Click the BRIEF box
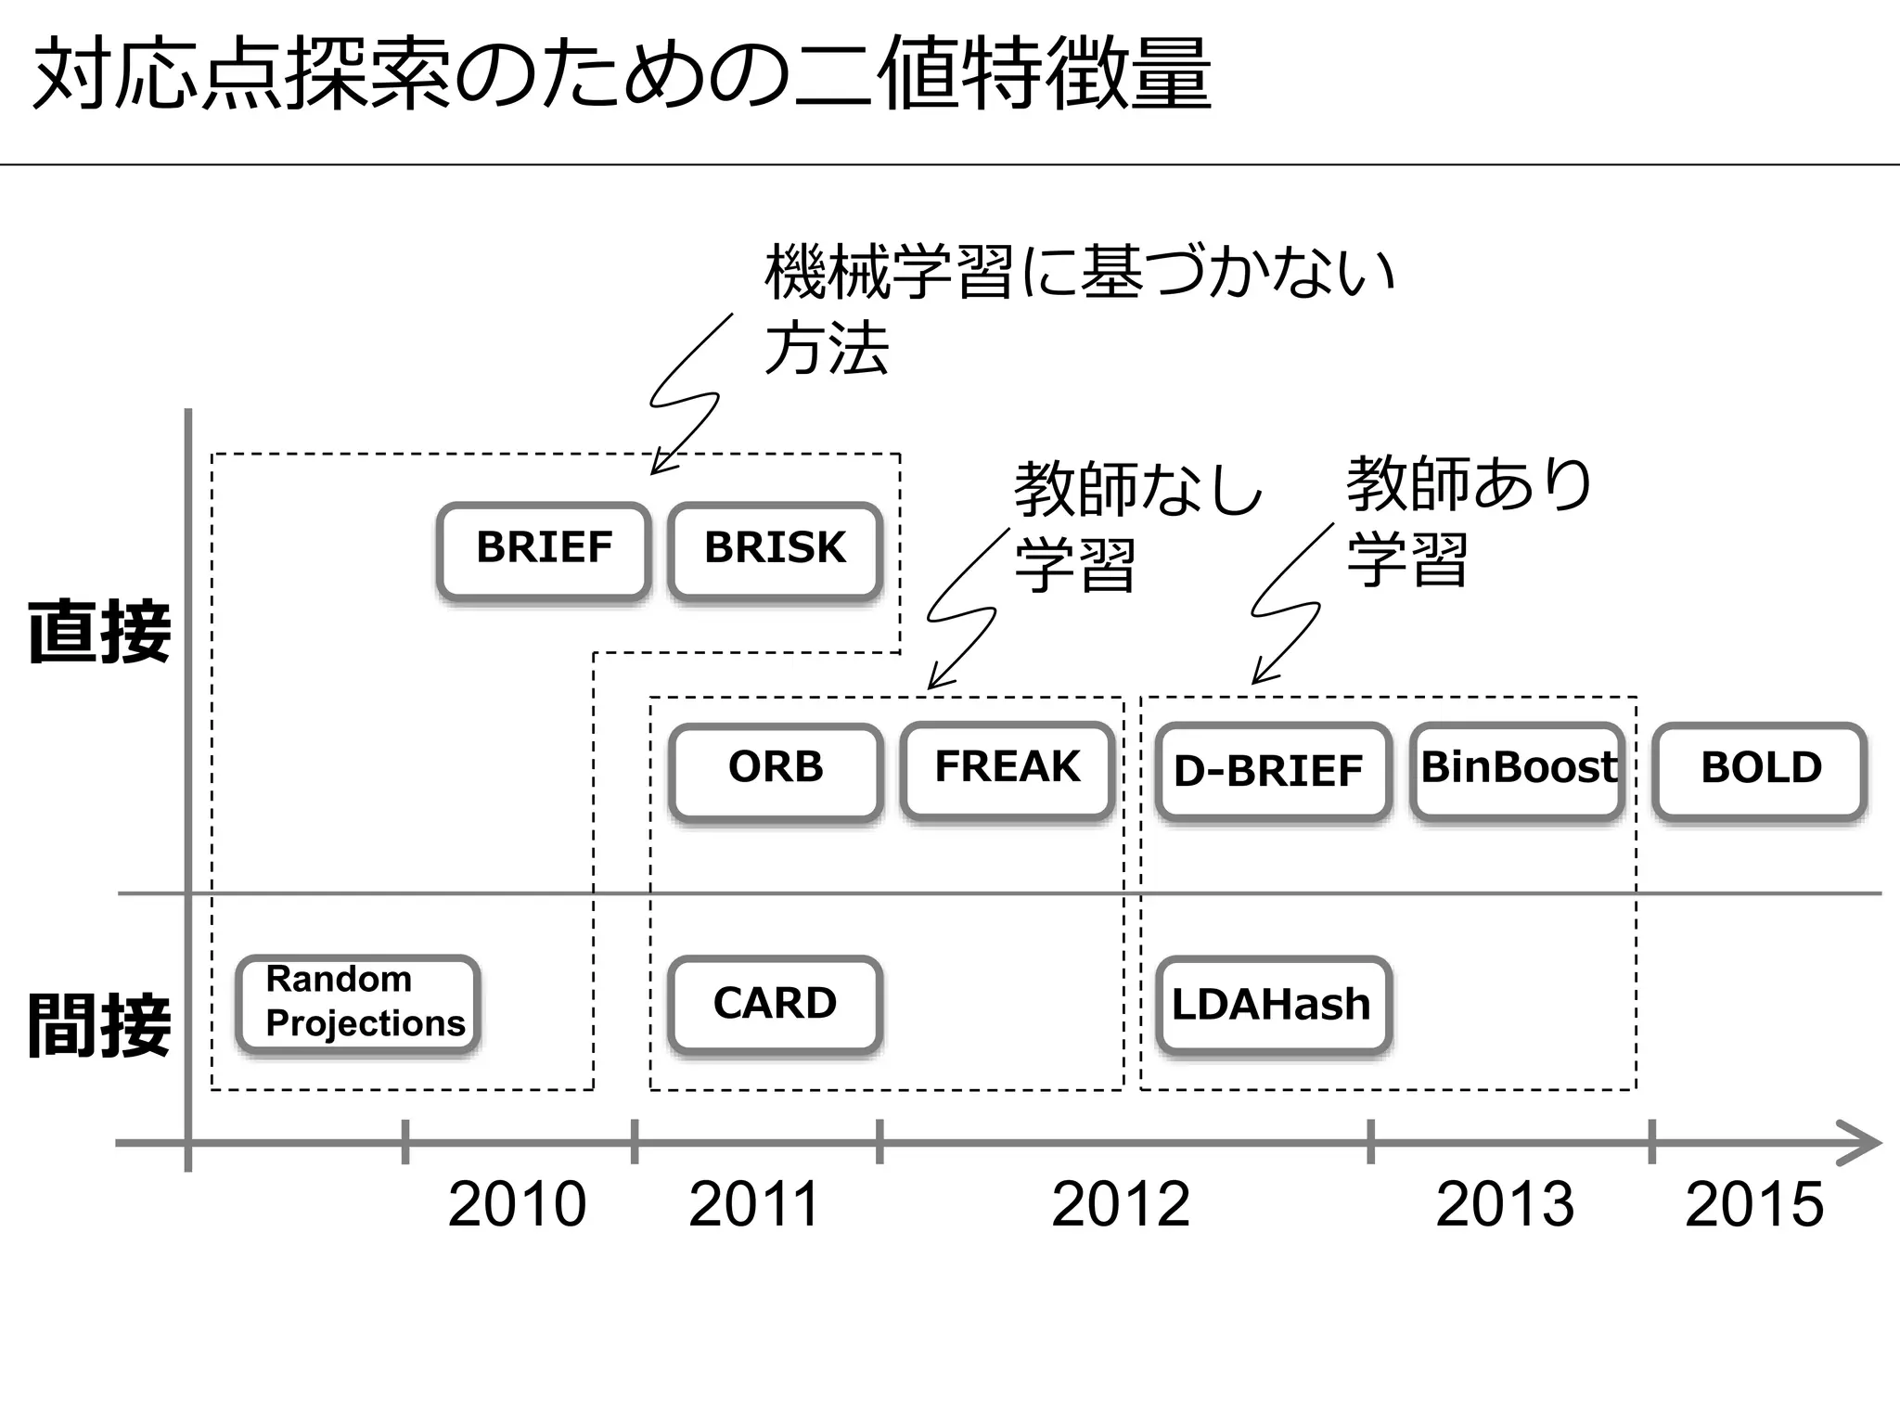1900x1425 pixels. pyautogui.click(x=544, y=550)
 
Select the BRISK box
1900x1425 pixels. pyautogui.click(x=775, y=550)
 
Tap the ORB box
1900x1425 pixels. pyautogui.click(x=776, y=770)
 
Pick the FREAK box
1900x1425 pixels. pyautogui.click(x=1008, y=769)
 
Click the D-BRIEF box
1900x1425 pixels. pyautogui.click(x=1272, y=772)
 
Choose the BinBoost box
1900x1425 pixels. pyautogui.click(x=1518, y=770)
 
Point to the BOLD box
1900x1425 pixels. pyautogui.click(x=1760, y=770)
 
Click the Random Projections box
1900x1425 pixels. pyautogui.click(x=359, y=1003)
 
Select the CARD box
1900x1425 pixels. pyautogui.click(x=776, y=1005)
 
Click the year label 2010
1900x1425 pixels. pyautogui.click(x=517, y=1205)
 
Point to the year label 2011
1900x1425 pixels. pyautogui.click(x=753, y=1205)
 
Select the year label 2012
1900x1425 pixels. pyautogui.click(x=1120, y=1205)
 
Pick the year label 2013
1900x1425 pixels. pyautogui.click(x=1504, y=1205)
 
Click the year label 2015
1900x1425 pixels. pyautogui.click(x=1753, y=1205)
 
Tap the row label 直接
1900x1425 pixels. pyautogui.click(x=99, y=632)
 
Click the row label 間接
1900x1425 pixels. pyautogui.click(x=99, y=1025)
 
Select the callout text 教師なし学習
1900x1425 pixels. pyautogui.click(x=1136, y=525)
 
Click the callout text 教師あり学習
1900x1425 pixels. pyautogui.click(x=1469, y=521)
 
